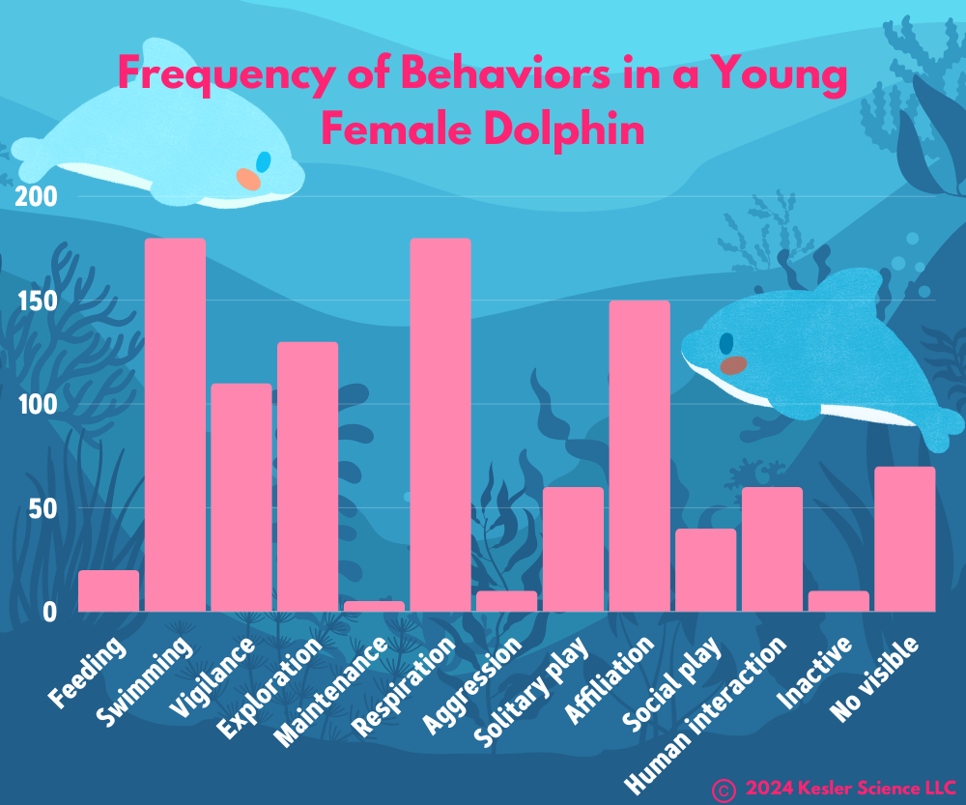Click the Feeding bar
click(x=108, y=591)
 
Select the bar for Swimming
click(x=175, y=425)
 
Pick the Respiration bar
click(x=440, y=425)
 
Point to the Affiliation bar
click(x=639, y=456)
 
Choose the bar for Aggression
click(x=506, y=601)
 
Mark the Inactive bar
click(x=838, y=601)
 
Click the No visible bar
click(x=905, y=539)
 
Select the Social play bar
click(x=705, y=570)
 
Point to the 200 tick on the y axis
click(x=38, y=197)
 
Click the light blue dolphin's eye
click(x=263, y=161)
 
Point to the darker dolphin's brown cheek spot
click(x=734, y=365)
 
